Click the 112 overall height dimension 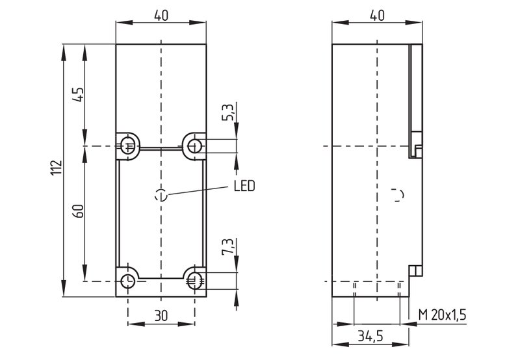57,168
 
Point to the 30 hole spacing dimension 161,316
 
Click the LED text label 244,186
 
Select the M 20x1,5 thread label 443,315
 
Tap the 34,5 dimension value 370,336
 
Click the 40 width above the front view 161,16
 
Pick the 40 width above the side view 377,16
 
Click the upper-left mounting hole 127,146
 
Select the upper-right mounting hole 194,146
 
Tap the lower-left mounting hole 127,281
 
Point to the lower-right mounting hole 194,281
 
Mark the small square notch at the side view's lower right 416,271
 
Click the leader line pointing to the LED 199,190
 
